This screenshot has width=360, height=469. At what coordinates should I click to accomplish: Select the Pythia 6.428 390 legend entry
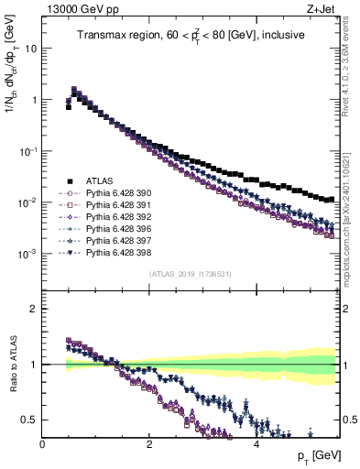(115, 193)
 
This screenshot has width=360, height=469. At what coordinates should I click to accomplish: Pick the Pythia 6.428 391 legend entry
(115, 204)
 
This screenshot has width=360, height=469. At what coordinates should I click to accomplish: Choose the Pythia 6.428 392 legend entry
(115, 216)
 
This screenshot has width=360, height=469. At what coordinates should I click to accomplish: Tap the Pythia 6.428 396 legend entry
(115, 227)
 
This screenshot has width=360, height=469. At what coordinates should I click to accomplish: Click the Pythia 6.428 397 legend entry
(115, 239)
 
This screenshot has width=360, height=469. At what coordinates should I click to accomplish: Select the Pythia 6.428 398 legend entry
(115, 250)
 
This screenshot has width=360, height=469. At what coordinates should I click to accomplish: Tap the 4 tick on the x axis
(256, 443)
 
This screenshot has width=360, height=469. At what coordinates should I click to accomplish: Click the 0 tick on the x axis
(42, 443)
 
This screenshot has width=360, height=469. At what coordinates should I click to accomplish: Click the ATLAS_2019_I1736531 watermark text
(191, 275)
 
